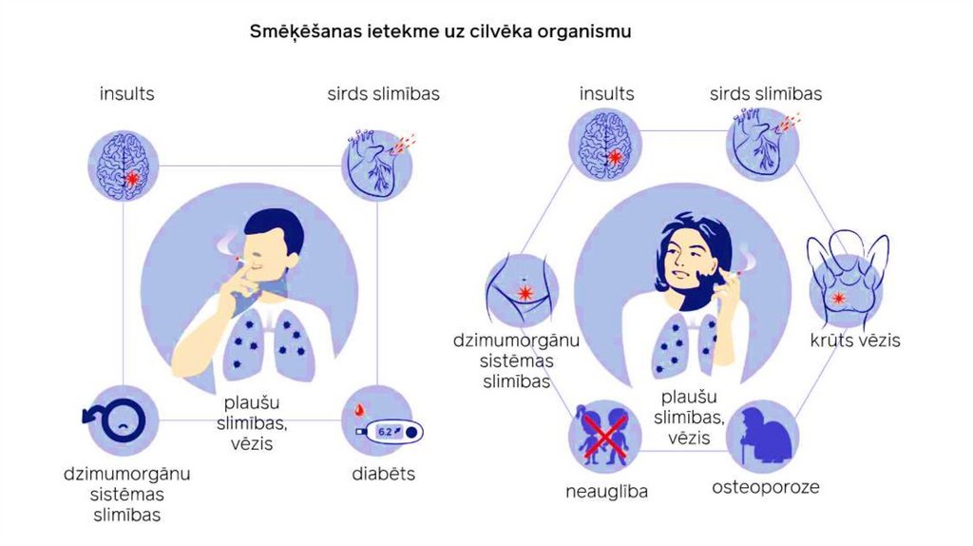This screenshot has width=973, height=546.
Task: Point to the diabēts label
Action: coord(383,473)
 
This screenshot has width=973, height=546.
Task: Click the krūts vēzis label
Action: coord(855,340)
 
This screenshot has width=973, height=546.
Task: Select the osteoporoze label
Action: coord(765,488)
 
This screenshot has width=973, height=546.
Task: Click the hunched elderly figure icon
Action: coord(763,438)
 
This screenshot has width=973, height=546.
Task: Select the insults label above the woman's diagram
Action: coord(606,94)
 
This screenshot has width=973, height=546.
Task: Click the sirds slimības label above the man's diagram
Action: coord(383,94)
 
